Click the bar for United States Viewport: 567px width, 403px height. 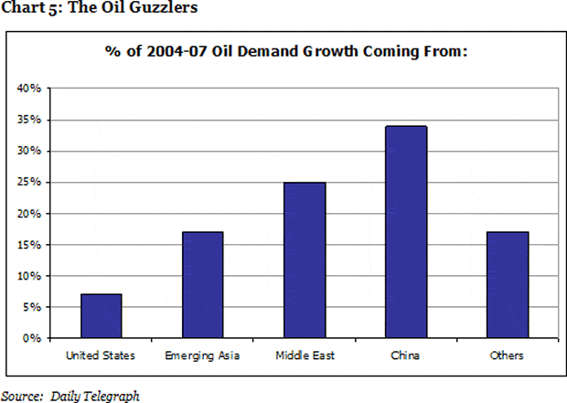pos(101,316)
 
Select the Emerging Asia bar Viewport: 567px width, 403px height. pos(202,285)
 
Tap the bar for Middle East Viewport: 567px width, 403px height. pos(305,260)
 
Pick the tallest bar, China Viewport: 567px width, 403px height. pos(406,232)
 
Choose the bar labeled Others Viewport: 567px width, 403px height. pos(508,285)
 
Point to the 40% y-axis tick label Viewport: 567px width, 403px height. pos(29,89)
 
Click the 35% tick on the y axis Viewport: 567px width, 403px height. pos(29,120)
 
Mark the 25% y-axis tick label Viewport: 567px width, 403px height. pos(29,183)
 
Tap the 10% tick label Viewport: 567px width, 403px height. pos(29,276)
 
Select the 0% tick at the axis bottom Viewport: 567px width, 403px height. pos(32,338)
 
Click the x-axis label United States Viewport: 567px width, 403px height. pos(101,355)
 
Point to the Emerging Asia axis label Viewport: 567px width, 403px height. pos(202,355)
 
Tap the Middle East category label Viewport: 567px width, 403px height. pos(305,355)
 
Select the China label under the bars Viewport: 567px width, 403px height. pos(406,355)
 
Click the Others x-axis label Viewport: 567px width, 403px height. pos(508,355)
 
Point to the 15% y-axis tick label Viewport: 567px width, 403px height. pos(29,245)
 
